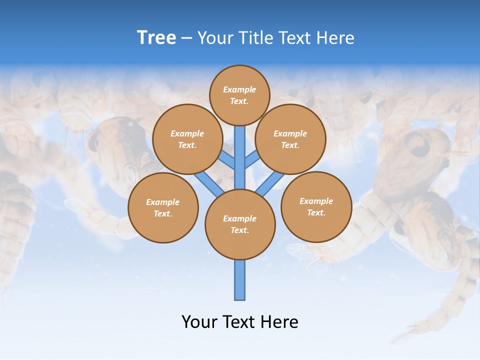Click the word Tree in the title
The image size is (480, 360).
[x=156, y=37]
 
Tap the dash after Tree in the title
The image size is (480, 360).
[x=186, y=38]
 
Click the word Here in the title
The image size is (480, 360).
[x=335, y=37]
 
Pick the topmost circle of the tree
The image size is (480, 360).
[x=239, y=95]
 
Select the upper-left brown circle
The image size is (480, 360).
[x=187, y=139]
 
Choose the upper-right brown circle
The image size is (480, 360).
[x=290, y=139]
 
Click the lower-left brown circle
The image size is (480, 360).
[x=163, y=207]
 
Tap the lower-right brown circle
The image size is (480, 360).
[x=316, y=206]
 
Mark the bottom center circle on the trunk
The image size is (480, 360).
[x=240, y=224]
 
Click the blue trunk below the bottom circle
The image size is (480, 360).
[x=240, y=280]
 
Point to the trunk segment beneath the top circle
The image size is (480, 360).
[x=240, y=155]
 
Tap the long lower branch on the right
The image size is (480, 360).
[x=270, y=183]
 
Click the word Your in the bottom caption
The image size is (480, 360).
[x=199, y=321]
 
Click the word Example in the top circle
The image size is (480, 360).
[x=239, y=89]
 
